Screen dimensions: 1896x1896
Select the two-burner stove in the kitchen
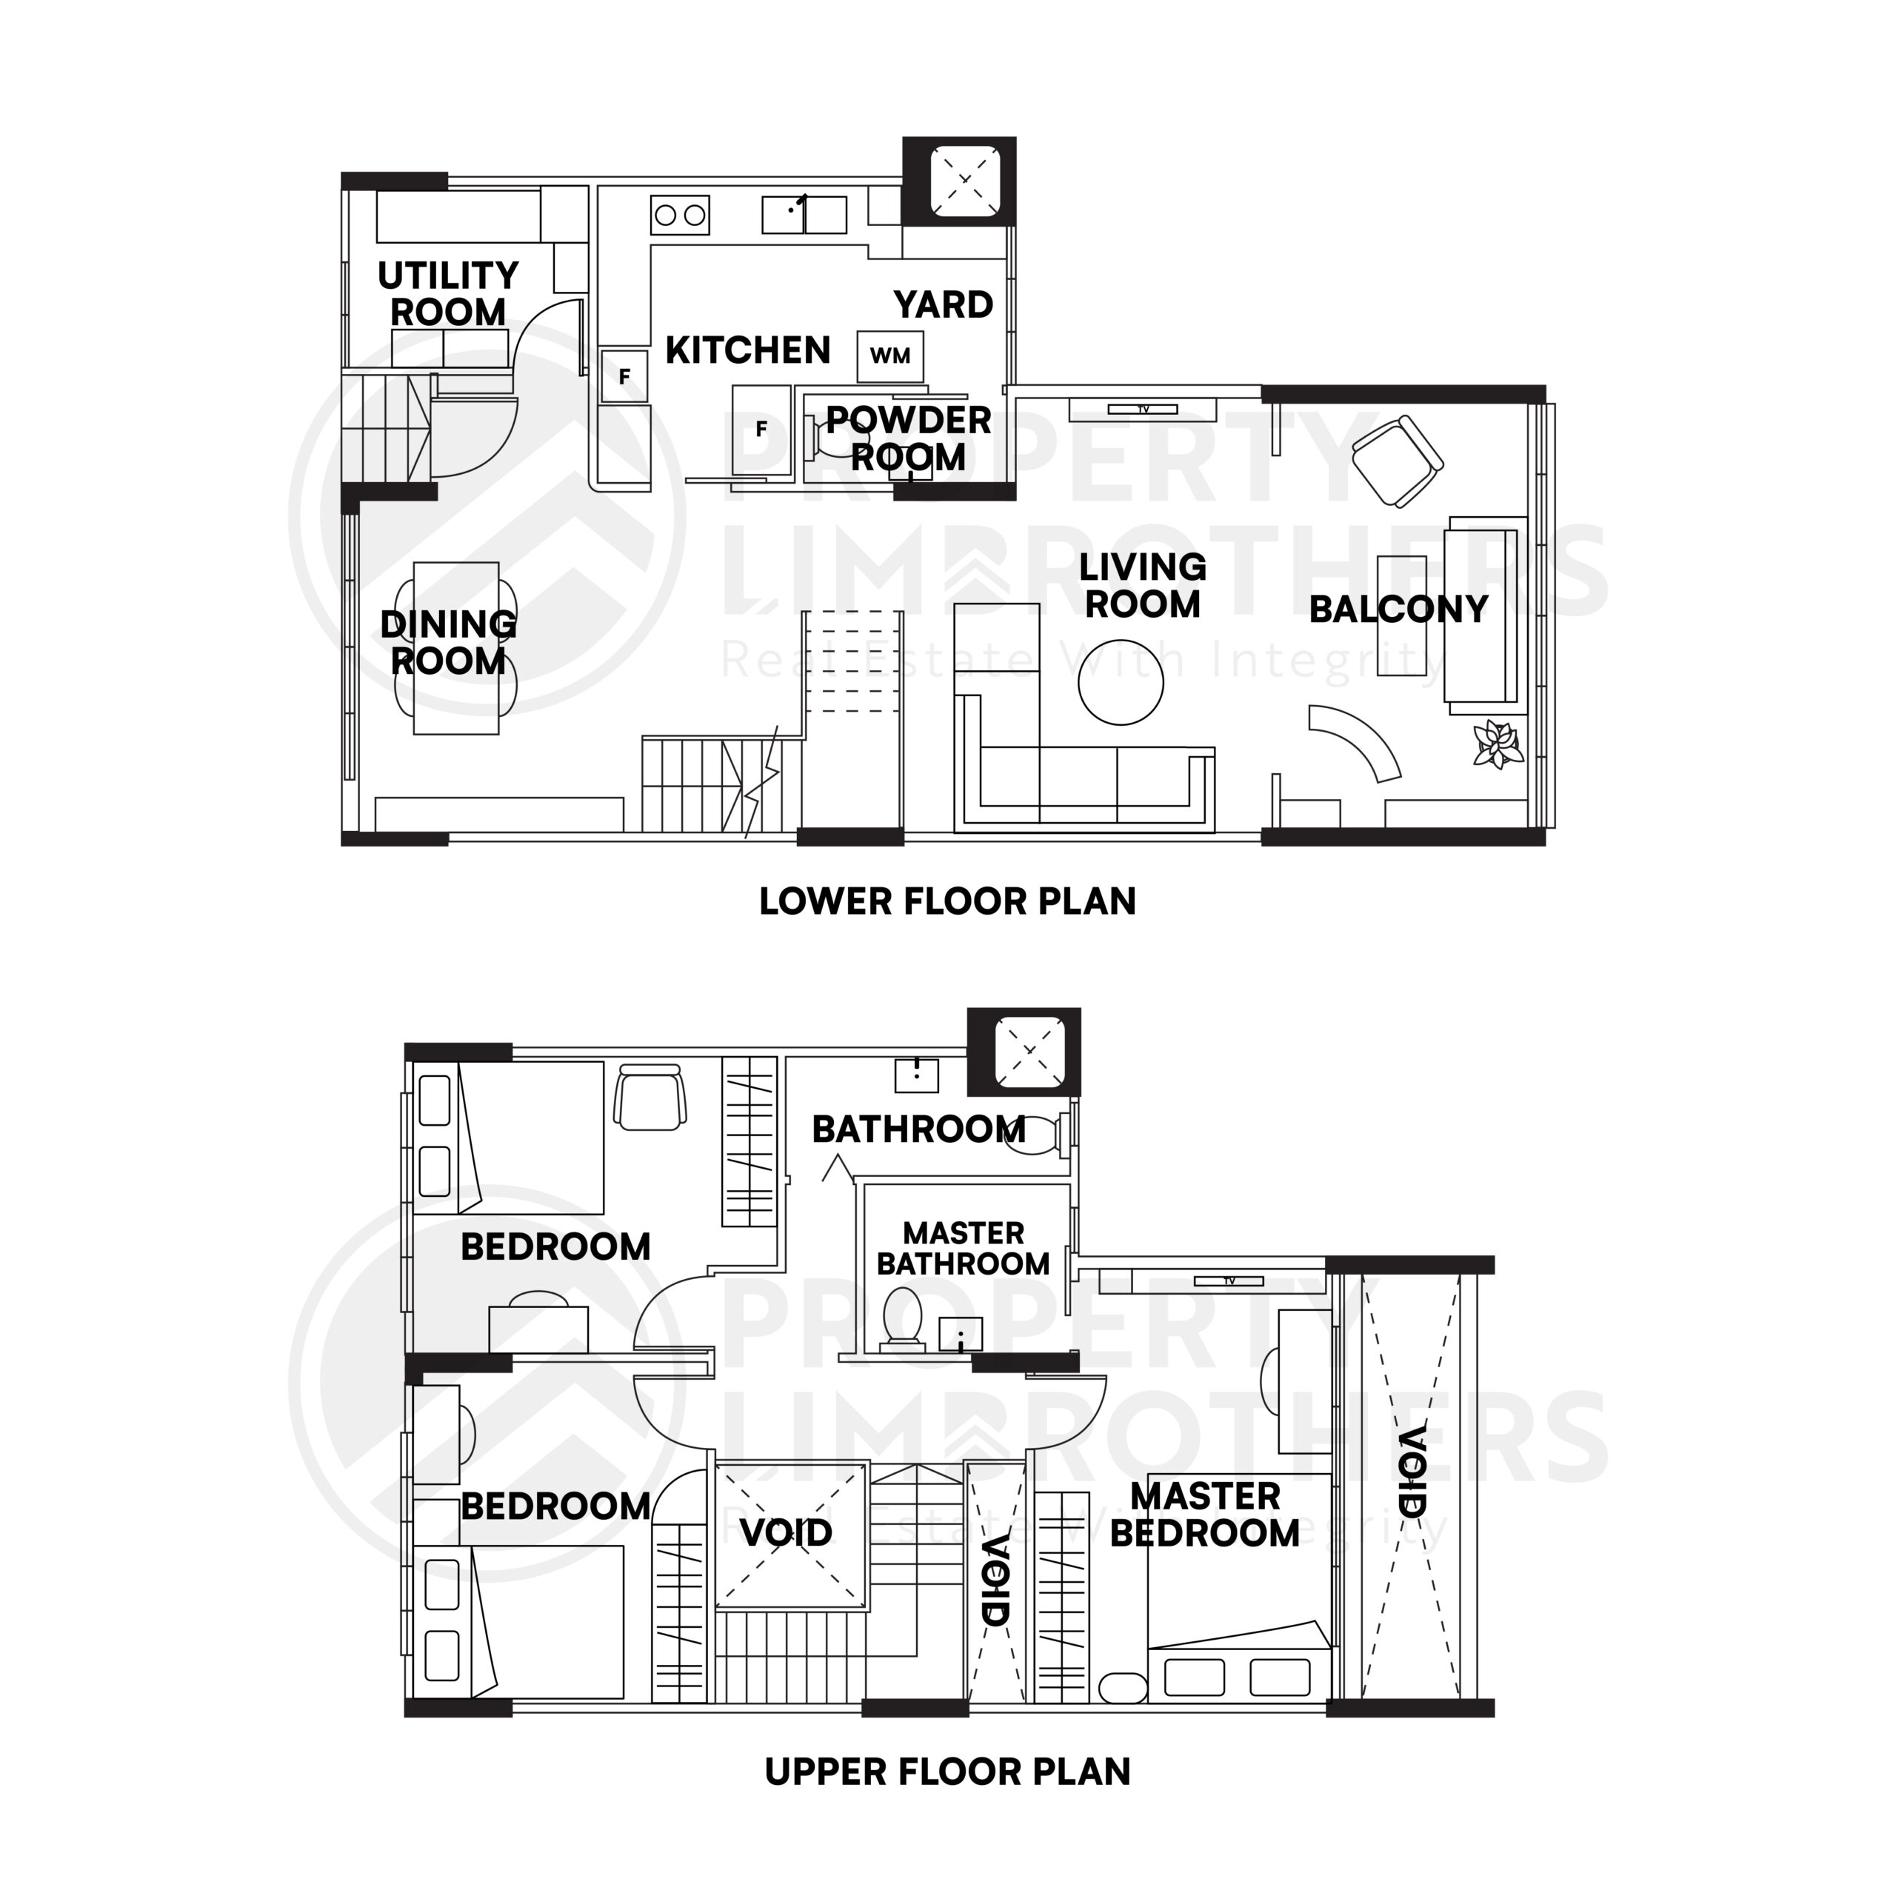coord(679,215)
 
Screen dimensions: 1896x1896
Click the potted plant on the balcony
coord(1498,744)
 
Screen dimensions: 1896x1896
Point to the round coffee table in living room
coord(1120,682)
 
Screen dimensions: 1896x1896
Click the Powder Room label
coord(908,438)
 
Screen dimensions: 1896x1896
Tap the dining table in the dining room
coord(455,648)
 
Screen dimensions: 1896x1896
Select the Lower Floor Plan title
coord(947,901)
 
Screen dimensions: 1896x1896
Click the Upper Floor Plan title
coord(947,1772)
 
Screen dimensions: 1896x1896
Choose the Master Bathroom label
coord(963,1248)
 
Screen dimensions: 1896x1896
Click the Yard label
coord(943,305)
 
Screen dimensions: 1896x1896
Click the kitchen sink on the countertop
coord(804,215)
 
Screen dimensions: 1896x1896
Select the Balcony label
coord(1398,610)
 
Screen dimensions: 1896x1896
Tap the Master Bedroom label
coord(1204,1515)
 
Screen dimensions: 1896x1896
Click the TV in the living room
coord(1142,408)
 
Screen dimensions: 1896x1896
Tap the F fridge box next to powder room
coord(761,430)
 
